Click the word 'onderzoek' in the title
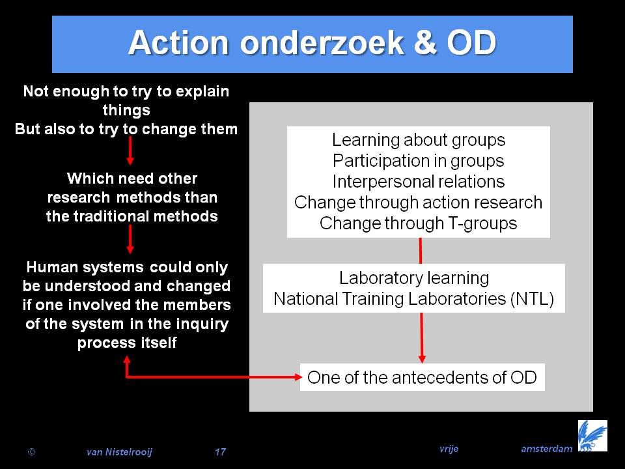tap(322, 42)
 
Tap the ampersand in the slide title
tap(425, 42)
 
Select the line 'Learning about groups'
tap(419, 140)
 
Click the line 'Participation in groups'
tap(419, 161)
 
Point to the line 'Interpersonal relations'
tap(419, 182)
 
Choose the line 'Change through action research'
tap(418, 202)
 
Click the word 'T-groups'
tap(482, 223)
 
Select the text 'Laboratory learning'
tap(414, 278)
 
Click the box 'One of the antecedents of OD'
tap(422, 377)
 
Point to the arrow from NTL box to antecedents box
tap(422, 338)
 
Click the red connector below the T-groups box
tap(420, 250)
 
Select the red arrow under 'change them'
tap(130, 150)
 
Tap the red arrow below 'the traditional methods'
tap(130, 239)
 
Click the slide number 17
tap(220, 452)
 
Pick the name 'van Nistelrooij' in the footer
tap(119, 452)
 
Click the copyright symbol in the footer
tap(31, 452)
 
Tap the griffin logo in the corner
tap(592, 436)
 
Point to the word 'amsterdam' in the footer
tap(546, 449)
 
